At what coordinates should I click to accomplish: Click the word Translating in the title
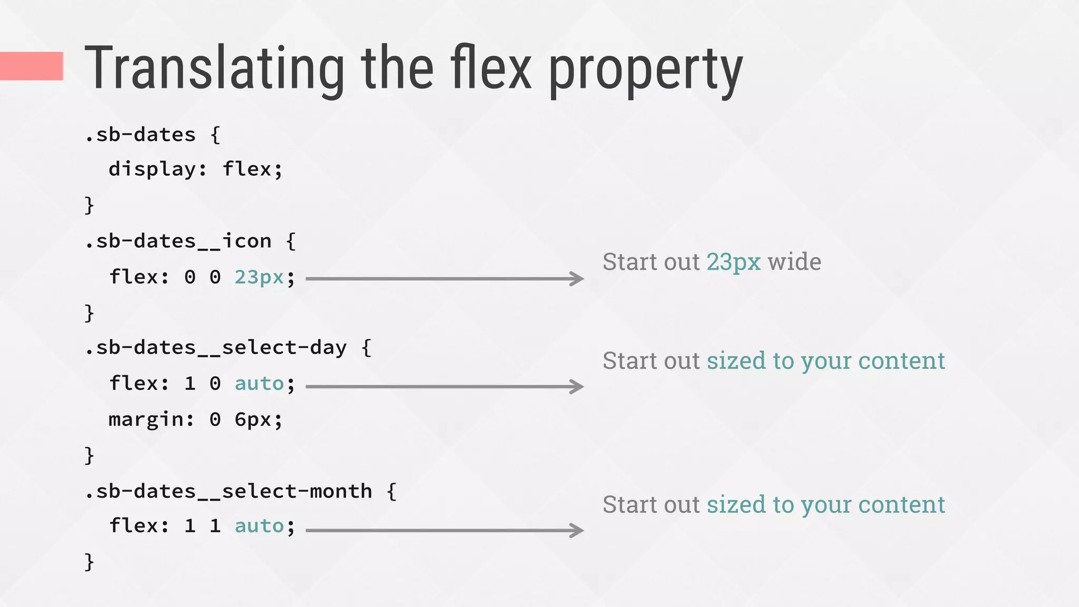pos(214,68)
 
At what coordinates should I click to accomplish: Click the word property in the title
pos(646,71)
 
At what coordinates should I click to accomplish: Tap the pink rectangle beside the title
pos(32,66)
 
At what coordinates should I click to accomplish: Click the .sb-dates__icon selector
pos(178,241)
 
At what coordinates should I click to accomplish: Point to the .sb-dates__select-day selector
pos(215,348)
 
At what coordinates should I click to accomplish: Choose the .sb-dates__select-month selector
pos(228,492)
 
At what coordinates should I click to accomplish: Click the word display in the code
pos(152,169)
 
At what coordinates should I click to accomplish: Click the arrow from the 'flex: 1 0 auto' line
pos(444,386)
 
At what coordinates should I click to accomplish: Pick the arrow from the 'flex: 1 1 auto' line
pos(444,530)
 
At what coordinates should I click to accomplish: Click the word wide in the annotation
pos(794,262)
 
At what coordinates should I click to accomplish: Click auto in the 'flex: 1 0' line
pos(259,384)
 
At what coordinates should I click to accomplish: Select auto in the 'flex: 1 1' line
pos(259,526)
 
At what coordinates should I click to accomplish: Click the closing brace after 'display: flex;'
pos(90,205)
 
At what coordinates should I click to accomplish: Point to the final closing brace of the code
pos(90,562)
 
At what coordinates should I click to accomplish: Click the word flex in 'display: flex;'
pos(247,169)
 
